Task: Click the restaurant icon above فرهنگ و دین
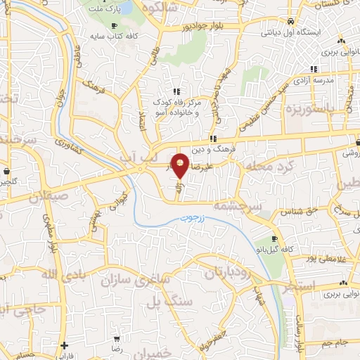point(212,139)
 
